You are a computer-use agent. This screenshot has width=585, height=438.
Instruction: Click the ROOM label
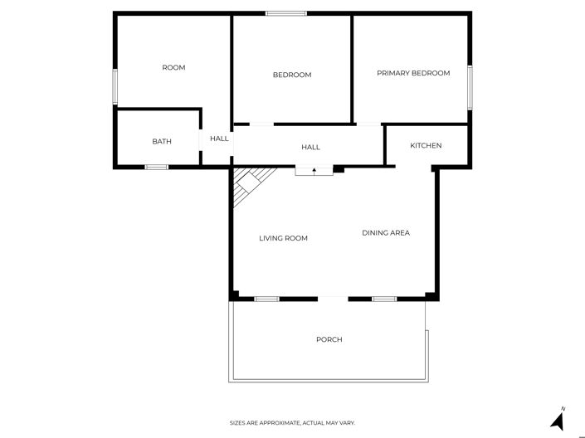[173, 67]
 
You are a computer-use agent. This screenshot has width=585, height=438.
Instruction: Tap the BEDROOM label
[292, 75]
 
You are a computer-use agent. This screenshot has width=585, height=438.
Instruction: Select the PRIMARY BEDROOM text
[413, 73]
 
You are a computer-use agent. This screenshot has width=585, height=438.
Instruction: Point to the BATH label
[162, 141]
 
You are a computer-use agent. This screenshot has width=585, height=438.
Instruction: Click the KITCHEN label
[426, 145]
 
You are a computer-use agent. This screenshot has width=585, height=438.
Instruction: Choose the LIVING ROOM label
[283, 238]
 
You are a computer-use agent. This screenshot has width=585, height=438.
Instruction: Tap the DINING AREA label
[386, 232]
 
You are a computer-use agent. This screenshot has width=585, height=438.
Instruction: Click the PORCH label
[329, 339]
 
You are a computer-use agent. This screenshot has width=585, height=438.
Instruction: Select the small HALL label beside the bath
[219, 139]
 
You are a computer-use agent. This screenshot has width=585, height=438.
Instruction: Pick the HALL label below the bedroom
[310, 147]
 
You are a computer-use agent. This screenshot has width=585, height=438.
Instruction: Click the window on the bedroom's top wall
[286, 13]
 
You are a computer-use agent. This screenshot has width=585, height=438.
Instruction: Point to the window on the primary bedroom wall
[470, 87]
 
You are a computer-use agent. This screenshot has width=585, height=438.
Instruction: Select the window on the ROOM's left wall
[115, 85]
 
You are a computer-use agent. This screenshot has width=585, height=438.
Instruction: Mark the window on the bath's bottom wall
[157, 167]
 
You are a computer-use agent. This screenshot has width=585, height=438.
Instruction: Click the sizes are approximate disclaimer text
[292, 422]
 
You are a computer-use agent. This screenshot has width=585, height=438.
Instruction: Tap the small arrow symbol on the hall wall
[314, 169]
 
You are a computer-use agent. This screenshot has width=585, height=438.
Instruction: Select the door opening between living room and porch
[333, 298]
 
